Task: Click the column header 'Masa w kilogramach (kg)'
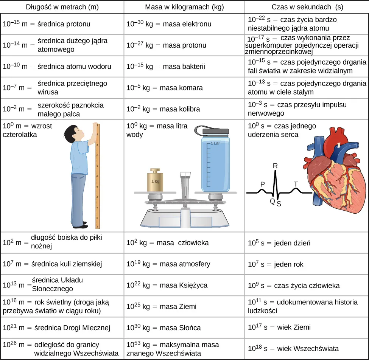(184, 7)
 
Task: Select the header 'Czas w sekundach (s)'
(307, 7)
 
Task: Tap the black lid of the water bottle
(216, 131)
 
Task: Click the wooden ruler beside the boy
(98, 176)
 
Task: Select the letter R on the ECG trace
(275, 166)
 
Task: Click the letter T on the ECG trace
(296, 184)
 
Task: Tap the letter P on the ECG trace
(262, 184)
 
